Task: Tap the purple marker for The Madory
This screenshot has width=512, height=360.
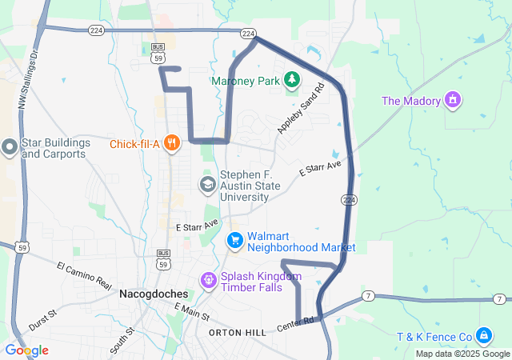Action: click(x=454, y=100)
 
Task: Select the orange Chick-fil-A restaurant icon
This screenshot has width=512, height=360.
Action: click(x=171, y=144)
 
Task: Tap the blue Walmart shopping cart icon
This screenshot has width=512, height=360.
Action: click(x=234, y=240)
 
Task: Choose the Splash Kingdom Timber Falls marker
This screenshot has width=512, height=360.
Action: click(x=208, y=280)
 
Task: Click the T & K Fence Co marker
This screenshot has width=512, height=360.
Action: click(x=483, y=334)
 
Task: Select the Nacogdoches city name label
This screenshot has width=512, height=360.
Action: click(x=153, y=294)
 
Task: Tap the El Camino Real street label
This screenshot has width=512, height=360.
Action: click(x=84, y=274)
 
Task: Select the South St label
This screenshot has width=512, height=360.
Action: click(x=123, y=340)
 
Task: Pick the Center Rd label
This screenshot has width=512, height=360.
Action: click(x=295, y=325)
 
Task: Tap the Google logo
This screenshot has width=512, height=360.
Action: click(x=26, y=350)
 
